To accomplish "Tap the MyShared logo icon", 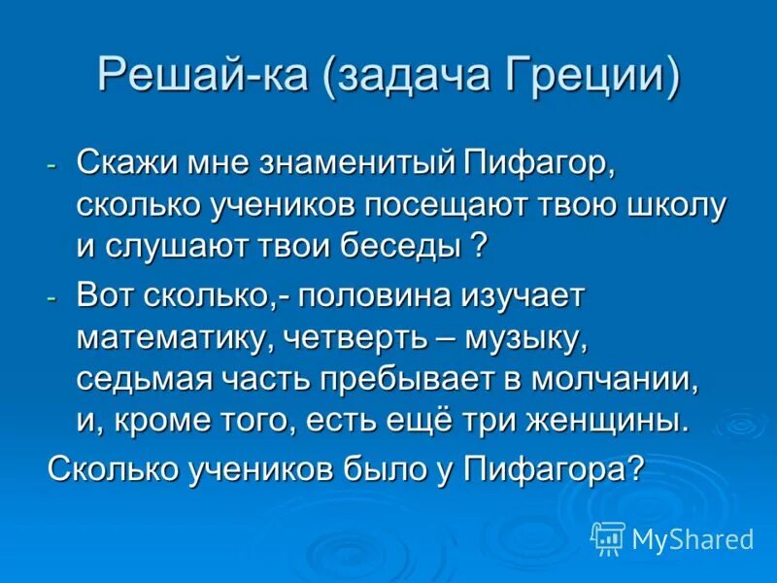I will click(x=608, y=537).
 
